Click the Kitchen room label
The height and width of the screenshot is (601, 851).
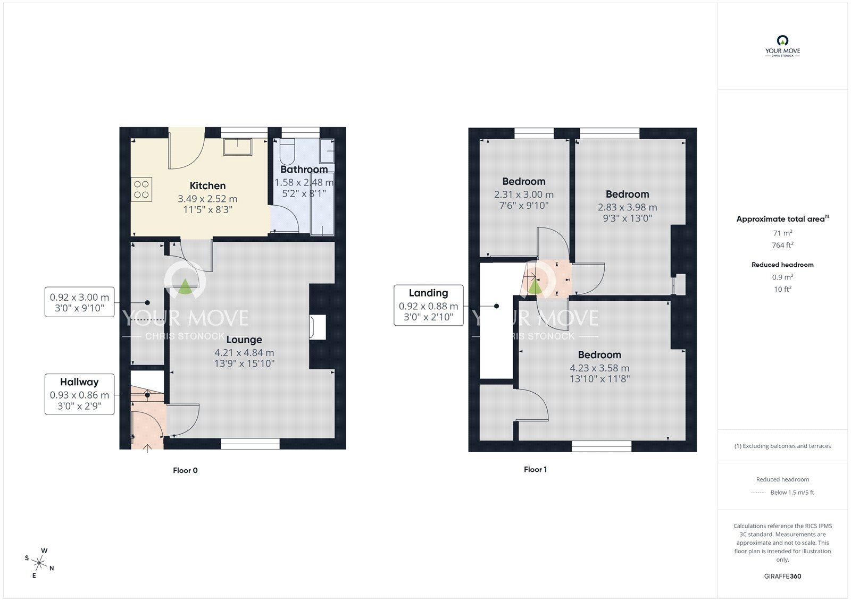[x=207, y=185]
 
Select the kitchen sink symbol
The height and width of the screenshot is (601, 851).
[x=238, y=147]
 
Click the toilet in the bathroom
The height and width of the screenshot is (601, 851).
[x=286, y=153]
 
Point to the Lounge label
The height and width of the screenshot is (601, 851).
[x=244, y=340]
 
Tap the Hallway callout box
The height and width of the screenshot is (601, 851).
[x=79, y=394]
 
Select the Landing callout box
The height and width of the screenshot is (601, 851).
[x=428, y=305]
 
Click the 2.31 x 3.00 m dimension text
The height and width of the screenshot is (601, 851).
[x=523, y=195]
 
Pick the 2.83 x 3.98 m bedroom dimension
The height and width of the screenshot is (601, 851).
[x=627, y=207]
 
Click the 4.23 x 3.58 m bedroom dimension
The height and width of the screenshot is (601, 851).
[x=599, y=368]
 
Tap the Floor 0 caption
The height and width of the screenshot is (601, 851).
[x=185, y=470]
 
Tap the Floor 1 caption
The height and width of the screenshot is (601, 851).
[x=535, y=469]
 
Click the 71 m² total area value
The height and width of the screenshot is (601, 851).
[x=782, y=233]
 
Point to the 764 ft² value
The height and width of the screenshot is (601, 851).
[x=782, y=245]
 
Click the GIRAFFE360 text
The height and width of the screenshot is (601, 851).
[x=782, y=576]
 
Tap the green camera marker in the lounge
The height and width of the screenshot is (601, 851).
[x=185, y=287]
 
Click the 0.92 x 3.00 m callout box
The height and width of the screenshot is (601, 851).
[x=79, y=302]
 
